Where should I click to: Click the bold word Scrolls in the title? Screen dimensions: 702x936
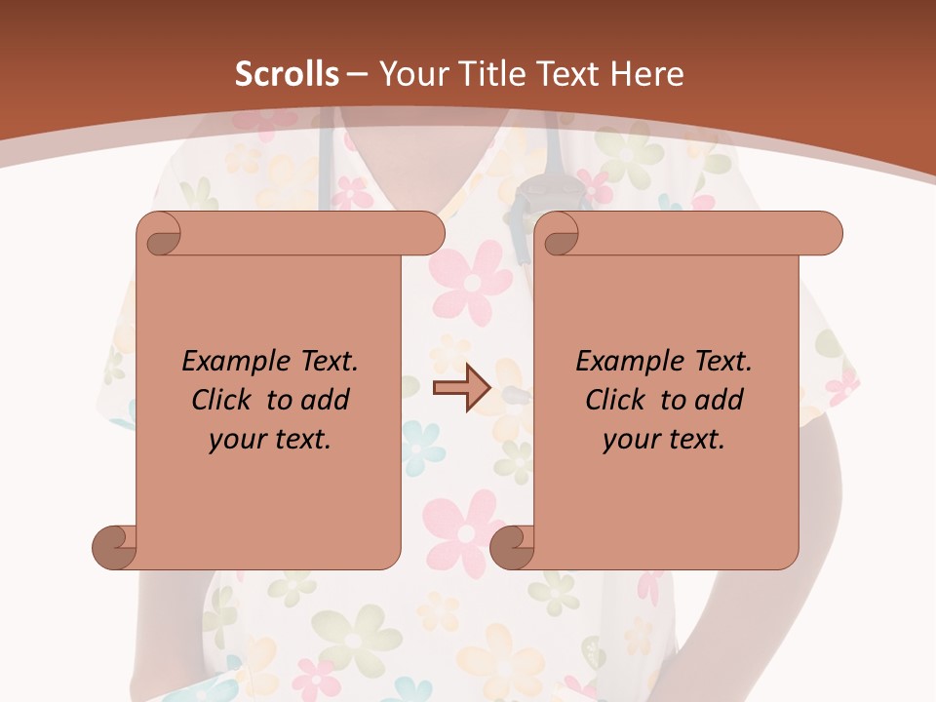(288, 74)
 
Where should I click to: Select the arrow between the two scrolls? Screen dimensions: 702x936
(461, 388)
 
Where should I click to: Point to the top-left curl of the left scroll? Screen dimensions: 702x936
(160, 234)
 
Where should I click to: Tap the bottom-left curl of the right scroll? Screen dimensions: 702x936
(511, 546)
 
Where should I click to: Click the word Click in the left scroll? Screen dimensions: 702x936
(223, 400)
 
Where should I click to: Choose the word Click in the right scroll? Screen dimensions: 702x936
(617, 400)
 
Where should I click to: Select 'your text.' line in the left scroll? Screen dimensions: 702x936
(270, 440)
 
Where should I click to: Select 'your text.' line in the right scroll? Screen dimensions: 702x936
(664, 440)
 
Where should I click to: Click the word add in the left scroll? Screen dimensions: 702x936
(325, 400)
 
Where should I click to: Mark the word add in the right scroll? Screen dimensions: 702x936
(719, 400)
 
